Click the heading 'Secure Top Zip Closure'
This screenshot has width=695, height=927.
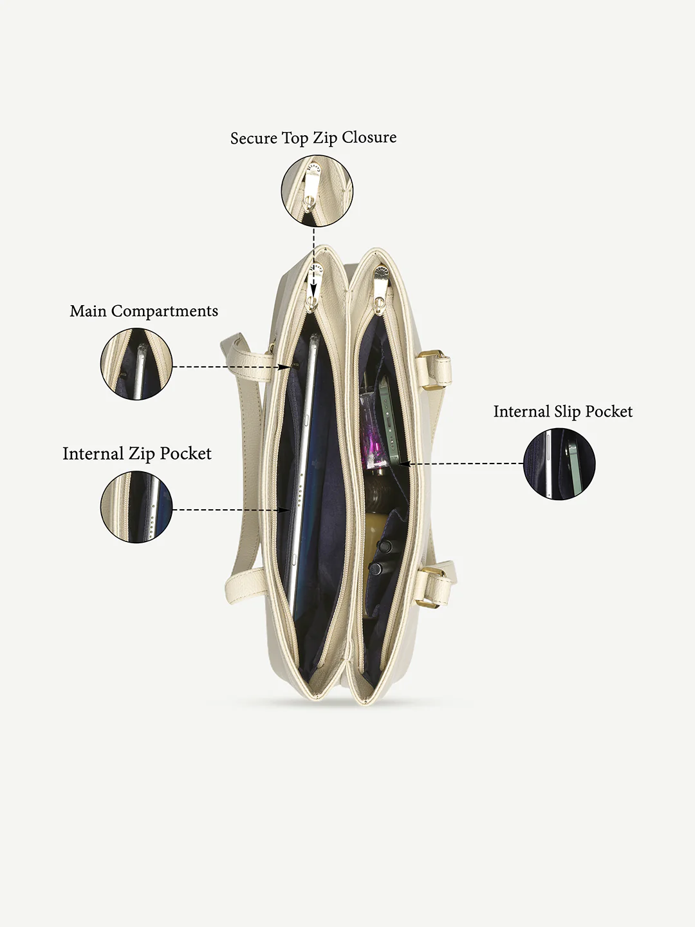tap(313, 138)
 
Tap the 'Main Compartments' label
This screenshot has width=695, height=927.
tap(144, 311)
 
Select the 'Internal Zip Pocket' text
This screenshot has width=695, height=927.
tap(136, 454)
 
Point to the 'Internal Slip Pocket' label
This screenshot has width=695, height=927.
tap(563, 412)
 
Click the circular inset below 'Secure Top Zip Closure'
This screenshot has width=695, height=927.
tap(317, 191)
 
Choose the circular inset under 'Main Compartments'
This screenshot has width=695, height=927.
tap(136, 364)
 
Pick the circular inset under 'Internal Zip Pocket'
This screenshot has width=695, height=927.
tap(136, 507)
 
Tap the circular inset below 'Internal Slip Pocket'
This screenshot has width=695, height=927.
tap(559, 464)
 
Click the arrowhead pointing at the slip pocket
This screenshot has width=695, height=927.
tap(403, 464)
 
